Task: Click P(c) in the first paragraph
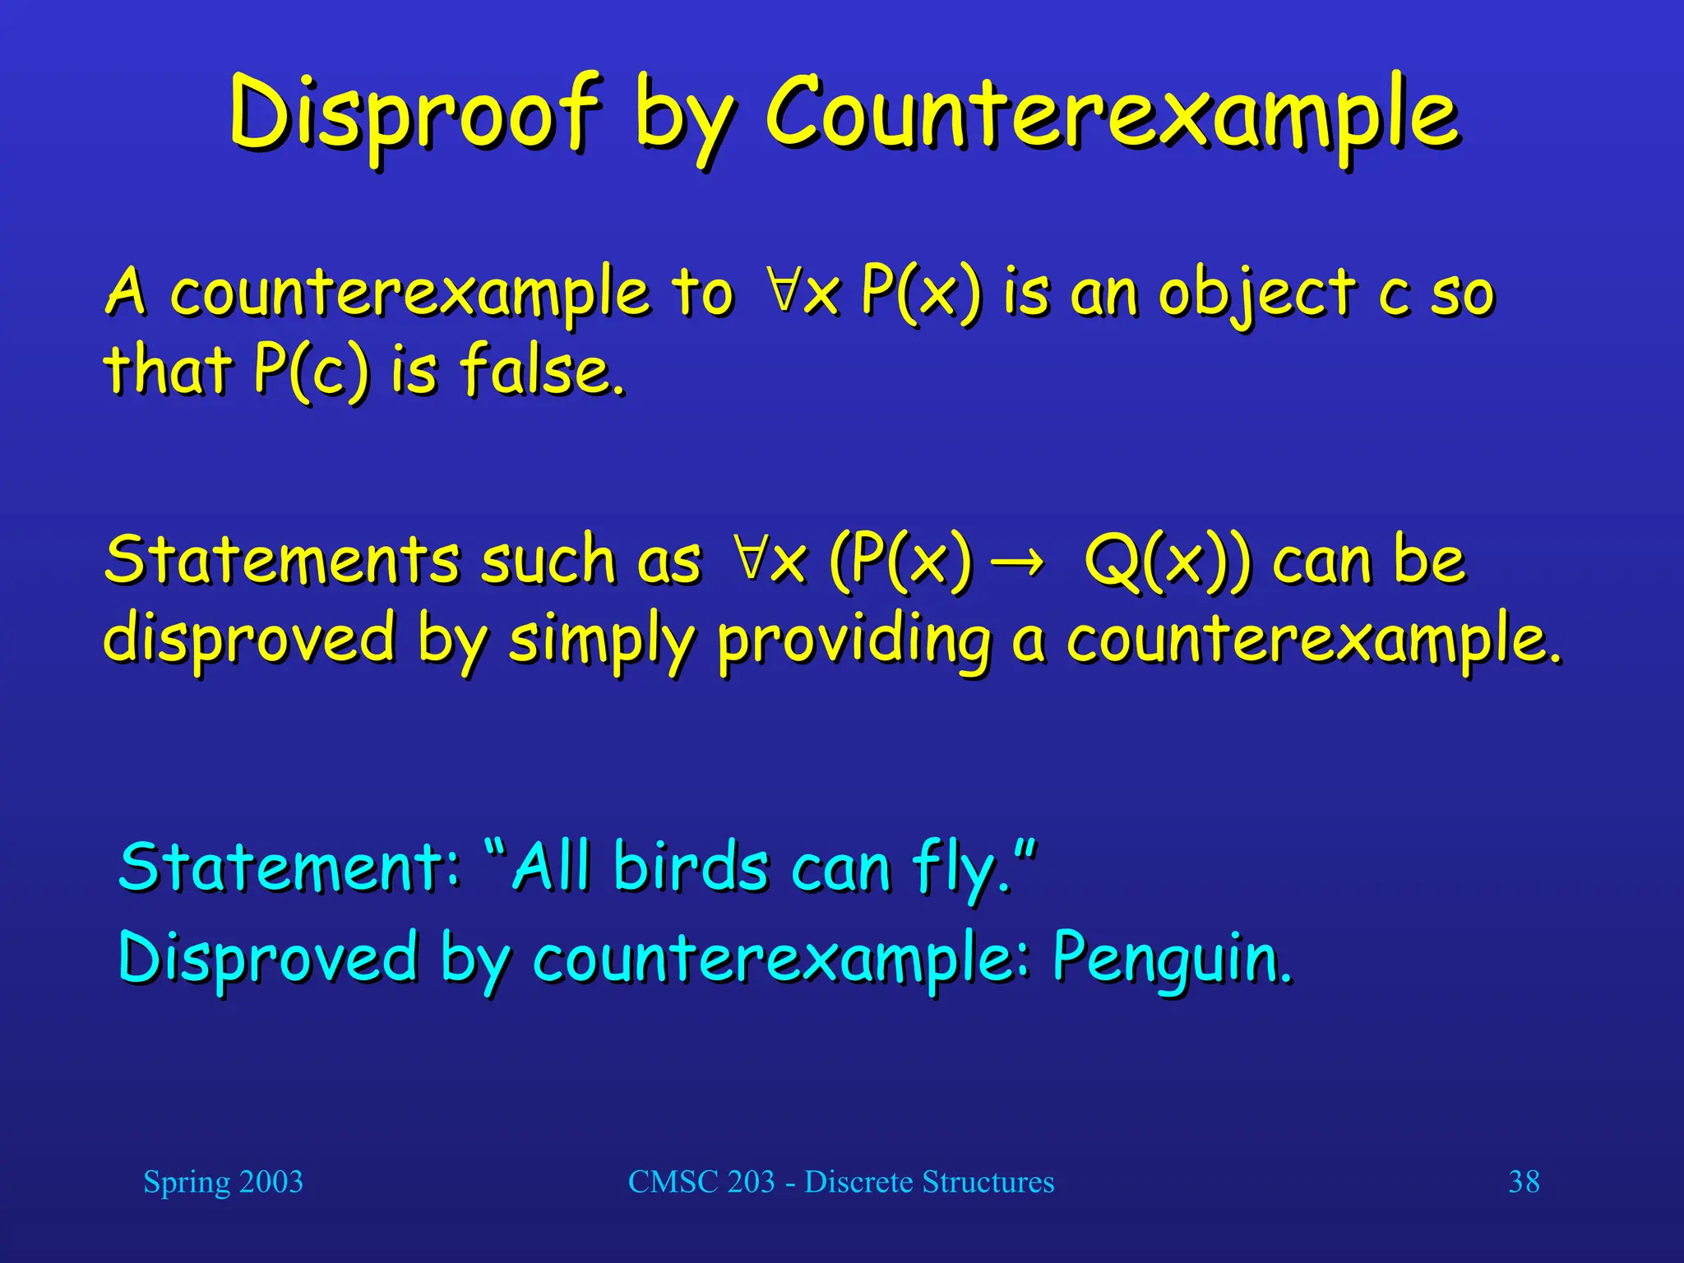[311, 370]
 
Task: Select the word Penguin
[1171, 959]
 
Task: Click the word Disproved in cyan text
[268, 959]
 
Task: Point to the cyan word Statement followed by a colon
[288, 867]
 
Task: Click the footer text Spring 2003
[223, 1182]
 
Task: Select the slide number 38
[1524, 1182]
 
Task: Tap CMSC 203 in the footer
[701, 1182]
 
